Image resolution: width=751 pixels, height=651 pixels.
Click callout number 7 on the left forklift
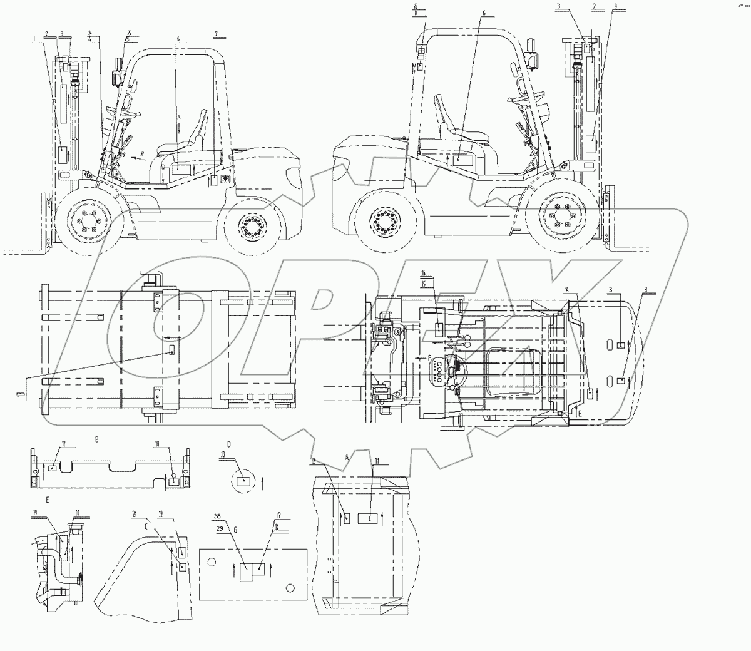pyautogui.click(x=216, y=32)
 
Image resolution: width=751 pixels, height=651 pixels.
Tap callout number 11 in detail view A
pyautogui.click(x=377, y=461)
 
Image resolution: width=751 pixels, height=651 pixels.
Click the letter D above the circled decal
pyautogui.click(x=229, y=443)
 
